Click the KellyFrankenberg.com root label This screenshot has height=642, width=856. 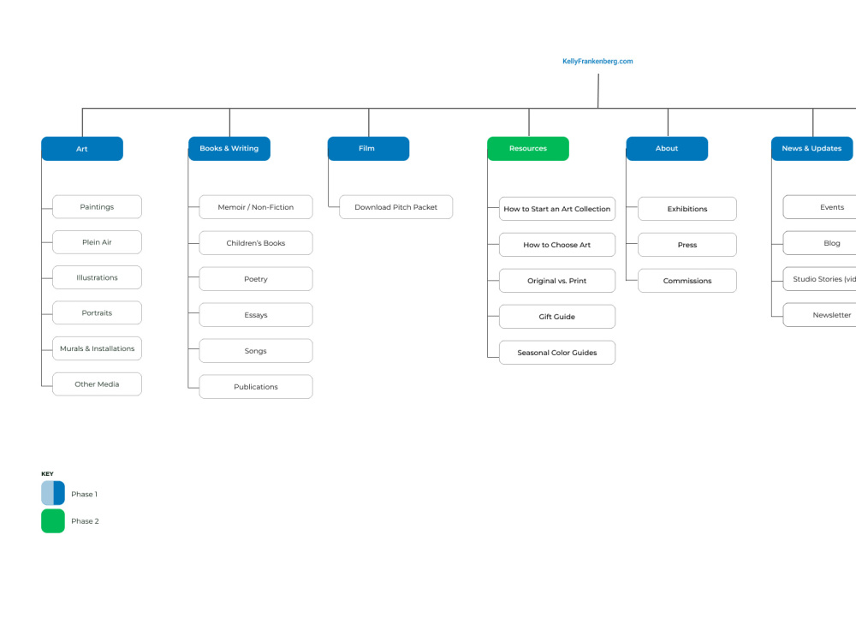(x=597, y=61)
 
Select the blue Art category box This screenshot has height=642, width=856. (x=82, y=148)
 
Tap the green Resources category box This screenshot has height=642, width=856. (x=528, y=148)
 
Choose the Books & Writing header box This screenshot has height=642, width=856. (x=229, y=148)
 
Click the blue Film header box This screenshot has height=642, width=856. (x=368, y=148)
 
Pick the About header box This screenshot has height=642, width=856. (x=667, y=148)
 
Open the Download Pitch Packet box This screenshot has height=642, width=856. (x=395, y=207)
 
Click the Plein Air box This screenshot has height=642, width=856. (x=98, y=242)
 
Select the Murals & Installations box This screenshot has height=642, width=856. (x=98, y=348)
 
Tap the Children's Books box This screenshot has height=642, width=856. (x=256, y=243)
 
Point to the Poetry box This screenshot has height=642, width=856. (x=256, y=279)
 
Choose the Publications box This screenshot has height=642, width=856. (x=256, y=387)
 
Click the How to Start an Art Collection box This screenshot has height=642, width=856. (x=557, y=209)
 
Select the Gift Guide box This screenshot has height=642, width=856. (x=557, y=317)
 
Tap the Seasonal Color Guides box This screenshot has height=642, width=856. (x=557, y=353)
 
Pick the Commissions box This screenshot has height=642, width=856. (x=687, y=281)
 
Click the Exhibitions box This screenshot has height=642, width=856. (x=687, y=209)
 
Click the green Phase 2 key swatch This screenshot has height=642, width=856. (x=53, y=520)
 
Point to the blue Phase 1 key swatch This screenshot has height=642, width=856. (x=53, y=493)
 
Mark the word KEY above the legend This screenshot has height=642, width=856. (x=47, y=474)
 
